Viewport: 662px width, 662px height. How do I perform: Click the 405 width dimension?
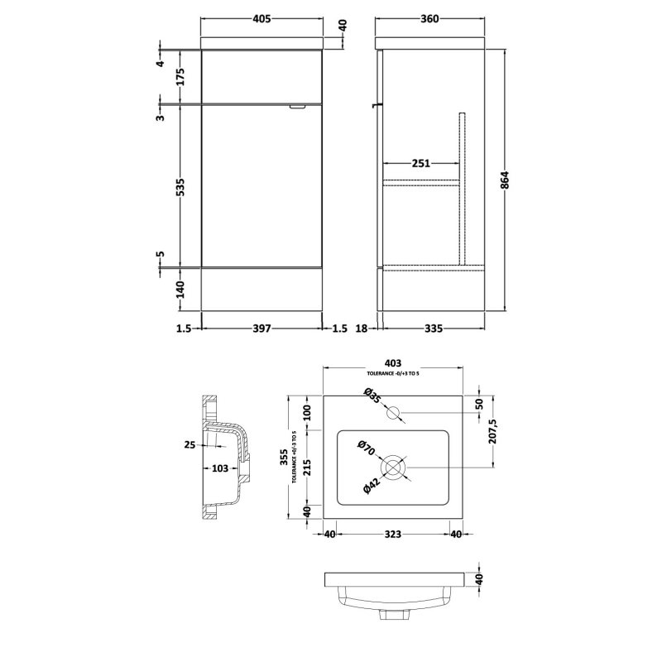click(x=262, y=19)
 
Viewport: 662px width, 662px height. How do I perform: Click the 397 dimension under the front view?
click(x=262, y=329)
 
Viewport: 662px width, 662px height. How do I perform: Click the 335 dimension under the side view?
click(x=433, y=329)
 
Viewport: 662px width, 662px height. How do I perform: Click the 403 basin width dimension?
click(x=393, y=362)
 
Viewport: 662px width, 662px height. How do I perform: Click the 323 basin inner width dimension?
click(x=393, y=535)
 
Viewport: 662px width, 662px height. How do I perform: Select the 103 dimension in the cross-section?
click(x=219, y=468)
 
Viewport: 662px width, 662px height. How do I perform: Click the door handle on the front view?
click(x=298, y=107)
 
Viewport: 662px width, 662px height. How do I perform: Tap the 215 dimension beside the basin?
click(x=307, y=468)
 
